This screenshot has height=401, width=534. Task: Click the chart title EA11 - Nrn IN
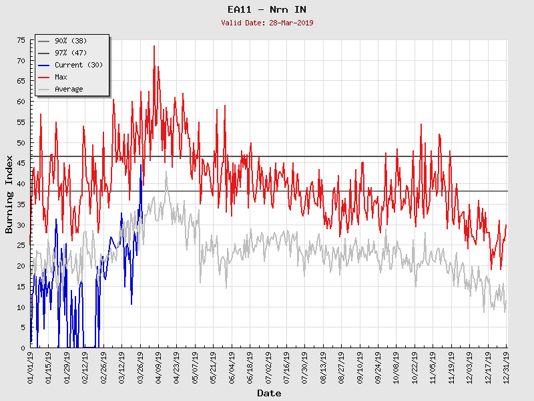[x=267, y=9]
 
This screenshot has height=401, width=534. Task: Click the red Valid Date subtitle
[x=267, y=23]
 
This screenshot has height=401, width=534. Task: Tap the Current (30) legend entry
[x=78, y=65]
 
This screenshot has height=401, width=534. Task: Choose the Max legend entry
[x=61, y=78]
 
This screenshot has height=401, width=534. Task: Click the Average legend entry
[x=69, y=90]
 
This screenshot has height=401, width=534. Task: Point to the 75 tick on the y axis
[x=21, y=41]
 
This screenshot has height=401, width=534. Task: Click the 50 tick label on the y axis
[x=21, y=143]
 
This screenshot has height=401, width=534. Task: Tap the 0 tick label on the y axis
[x=23, y=348]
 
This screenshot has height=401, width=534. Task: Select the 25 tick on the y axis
[x=21, y=245]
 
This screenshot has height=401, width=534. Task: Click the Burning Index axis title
[x=9, y=194]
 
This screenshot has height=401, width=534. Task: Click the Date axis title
[x=269, y=394]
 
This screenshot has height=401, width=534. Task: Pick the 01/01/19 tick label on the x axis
[x=31, y=366]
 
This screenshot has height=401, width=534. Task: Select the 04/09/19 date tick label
[x=159, y=366]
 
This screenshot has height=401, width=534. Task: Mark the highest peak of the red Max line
[x=154, y=46]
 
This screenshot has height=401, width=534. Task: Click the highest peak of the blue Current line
[x=141, y=165]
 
